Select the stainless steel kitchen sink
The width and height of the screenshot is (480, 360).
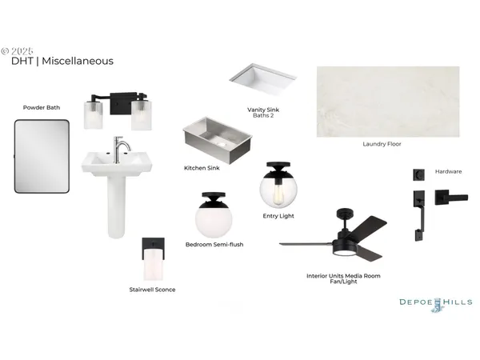coord(218,139)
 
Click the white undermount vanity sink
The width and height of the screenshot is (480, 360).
coord(262,79)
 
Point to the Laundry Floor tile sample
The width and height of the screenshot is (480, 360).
coord(388,102)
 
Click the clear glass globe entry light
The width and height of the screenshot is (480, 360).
coord(278,186)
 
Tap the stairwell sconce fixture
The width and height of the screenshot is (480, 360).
coord(154,258)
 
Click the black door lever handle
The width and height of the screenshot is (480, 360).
coord(451,198)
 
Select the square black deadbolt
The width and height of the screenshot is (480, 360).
coord(418,174)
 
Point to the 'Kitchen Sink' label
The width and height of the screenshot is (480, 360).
coord(202,168)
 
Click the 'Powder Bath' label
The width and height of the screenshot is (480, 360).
coord(42,107)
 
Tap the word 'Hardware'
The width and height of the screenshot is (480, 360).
coord(449,171)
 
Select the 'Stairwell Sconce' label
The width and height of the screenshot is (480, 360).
coord(152,290)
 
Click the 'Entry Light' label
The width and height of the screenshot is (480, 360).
coord(278,216)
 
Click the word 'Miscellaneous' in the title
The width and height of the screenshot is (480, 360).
coord(78,61)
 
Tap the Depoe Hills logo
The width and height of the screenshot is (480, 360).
coord(436,305)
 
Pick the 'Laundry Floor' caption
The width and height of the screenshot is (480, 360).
coord(382,144)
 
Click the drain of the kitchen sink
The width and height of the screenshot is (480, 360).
coord(221,143)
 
